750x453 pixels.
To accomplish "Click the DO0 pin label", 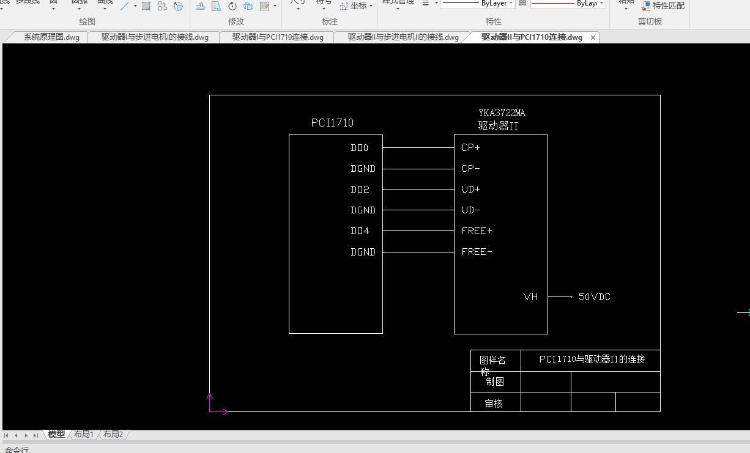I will [360, 148].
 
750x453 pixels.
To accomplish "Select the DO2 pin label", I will [360, 190].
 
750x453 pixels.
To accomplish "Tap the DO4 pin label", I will [360, 231].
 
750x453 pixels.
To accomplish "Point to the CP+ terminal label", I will [471, 148].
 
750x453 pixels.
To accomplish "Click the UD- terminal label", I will [471, 210].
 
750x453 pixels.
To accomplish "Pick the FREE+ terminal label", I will [477, 231].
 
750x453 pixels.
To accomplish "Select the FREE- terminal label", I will [477, 252].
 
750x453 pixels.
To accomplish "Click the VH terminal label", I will [530, 297].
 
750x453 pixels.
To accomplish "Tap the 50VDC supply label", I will [595, 297].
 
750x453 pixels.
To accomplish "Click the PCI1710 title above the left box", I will [332, 123].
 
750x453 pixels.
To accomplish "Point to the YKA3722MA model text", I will [502, 113].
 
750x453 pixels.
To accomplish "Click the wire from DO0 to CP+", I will [418, 148].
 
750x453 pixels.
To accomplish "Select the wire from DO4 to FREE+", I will [418, 231].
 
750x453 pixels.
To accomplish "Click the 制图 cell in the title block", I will [495, 382].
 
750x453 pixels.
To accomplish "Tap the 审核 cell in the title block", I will [494, 403].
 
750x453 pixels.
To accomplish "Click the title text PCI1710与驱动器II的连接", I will [592, 359].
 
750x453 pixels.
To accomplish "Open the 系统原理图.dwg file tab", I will [51, 37].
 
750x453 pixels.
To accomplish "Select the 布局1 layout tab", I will [84, 435].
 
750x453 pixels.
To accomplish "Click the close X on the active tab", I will [593, 38].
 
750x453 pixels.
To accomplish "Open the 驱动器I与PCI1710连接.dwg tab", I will [278, 37].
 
